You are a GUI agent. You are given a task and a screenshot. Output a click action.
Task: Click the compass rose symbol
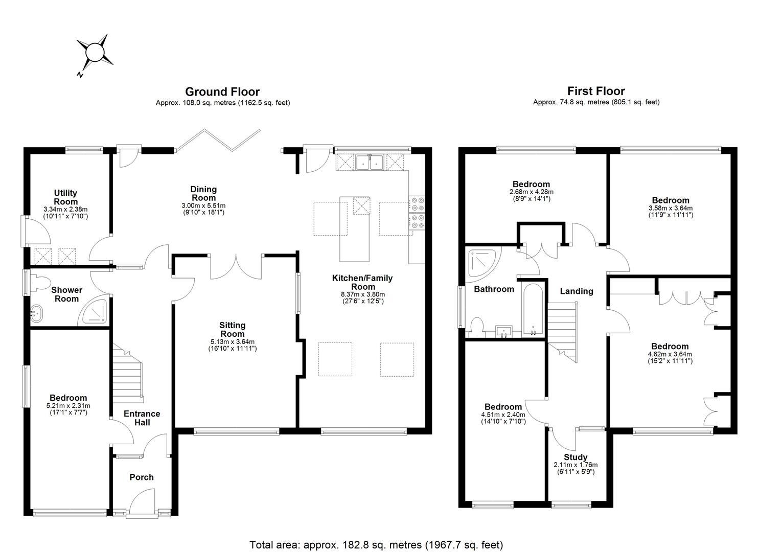[x=95, y=53]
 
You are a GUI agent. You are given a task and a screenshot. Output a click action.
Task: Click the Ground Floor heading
[x=222, y=92]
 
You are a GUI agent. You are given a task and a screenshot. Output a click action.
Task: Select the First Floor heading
[x=596, y=91]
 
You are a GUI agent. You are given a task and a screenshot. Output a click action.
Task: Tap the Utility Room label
[x=65, y=197]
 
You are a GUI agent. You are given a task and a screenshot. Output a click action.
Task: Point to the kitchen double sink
[x=371, y=162]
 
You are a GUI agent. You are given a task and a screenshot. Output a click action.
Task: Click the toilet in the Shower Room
[x=39, y=283]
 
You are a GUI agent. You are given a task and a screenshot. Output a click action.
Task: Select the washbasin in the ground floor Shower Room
[x=37, y=310]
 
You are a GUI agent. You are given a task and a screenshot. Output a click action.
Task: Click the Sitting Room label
[x=232, y=329]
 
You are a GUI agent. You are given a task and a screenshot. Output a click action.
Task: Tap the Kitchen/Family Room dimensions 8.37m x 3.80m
[x=362, y=294]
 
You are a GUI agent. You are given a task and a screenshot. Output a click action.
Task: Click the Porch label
[x=142, y=477]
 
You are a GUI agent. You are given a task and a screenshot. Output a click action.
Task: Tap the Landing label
[x=577, y=291]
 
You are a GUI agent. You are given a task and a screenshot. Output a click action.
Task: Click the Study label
[x=576, y=457]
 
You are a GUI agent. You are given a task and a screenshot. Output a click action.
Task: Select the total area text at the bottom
[x=376, y=544]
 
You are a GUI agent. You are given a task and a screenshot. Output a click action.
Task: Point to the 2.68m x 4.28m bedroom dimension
[x=531, y=192]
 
